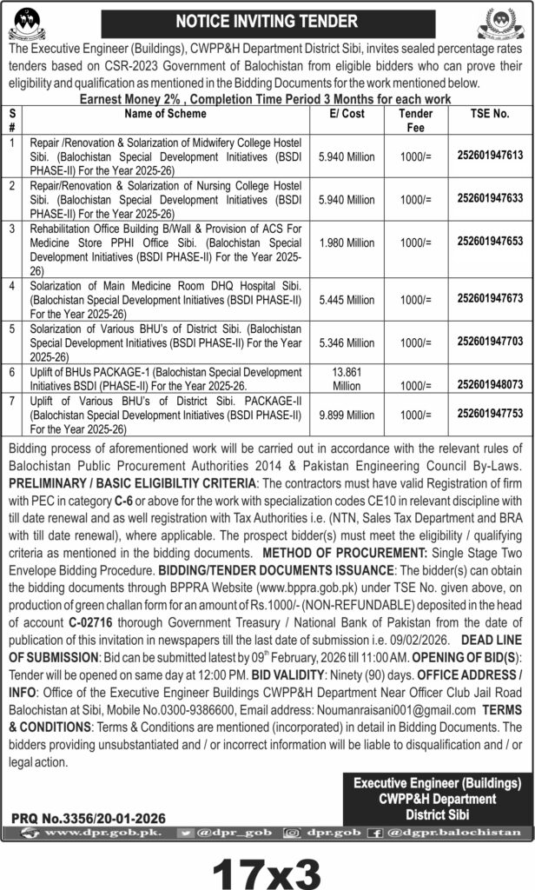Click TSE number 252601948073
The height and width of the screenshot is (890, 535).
[491, 382]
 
